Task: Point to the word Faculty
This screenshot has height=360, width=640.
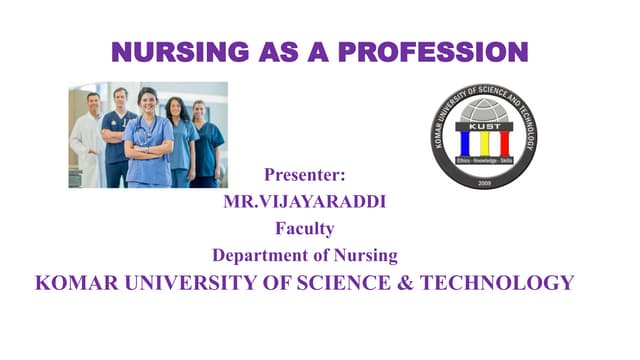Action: click(x=304, y=228)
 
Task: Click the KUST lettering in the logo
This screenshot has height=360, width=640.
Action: click(x=484, y=127)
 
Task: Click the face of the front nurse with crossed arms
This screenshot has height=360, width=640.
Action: click(x=147, y=102)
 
